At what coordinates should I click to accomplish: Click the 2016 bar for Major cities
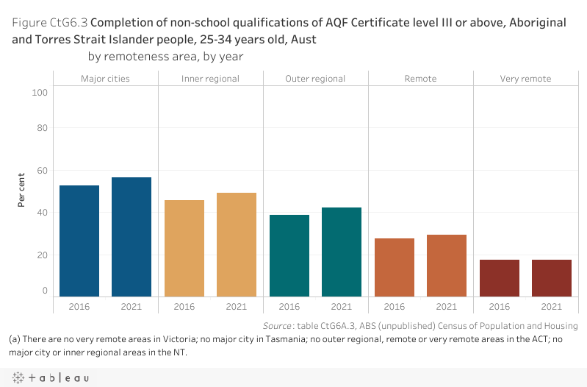point(79,241)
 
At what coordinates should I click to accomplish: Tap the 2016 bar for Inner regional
point(184,248)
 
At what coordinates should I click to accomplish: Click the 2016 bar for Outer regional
point(289,255)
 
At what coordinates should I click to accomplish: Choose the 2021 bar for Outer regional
point(342,252)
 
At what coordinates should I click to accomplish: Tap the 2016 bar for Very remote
point(500,278)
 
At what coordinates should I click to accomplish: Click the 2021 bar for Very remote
point(552,278)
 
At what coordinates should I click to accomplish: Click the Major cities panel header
point(105,79)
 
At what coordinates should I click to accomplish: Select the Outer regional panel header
point(315,79)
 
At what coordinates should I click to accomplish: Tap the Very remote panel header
point(525,79)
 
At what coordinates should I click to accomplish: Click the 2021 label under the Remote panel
point(447,307)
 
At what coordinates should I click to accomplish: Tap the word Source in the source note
point(278,326)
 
